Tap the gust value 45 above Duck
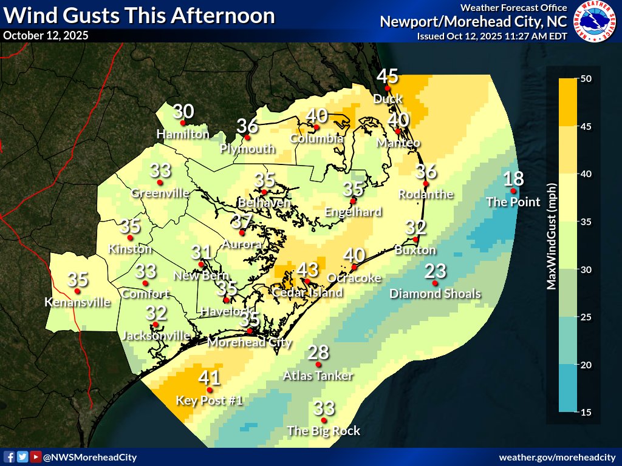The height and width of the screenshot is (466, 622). click(x=388, y=76)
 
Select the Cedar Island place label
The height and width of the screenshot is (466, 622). click(x=307, y=292)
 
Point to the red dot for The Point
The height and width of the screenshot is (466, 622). click(x=513, y=191)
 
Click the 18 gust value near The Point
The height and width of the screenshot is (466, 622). click(x=513, y=179)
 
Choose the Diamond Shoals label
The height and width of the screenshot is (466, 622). click(x=435, y=294)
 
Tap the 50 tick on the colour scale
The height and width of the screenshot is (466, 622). click(x=586, y=79)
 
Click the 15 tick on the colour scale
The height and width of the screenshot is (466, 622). click(x=586, y=413)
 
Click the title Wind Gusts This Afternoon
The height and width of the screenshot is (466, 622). click(x=138, y=16)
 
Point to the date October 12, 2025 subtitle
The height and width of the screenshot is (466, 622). click(x=46, y=35)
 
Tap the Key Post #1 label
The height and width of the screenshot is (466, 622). click(x=210, y=400)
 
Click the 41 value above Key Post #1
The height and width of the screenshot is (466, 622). click(x=210, y=377)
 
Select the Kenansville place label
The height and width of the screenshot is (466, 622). click(x=77, y=302)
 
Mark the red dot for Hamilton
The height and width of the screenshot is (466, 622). click(x=183, y=123)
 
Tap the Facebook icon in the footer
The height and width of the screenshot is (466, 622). click(x=9, y=457)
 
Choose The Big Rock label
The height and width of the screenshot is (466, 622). click(x=324, y=431)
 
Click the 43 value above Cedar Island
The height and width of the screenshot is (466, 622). click(x=307, y=269)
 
